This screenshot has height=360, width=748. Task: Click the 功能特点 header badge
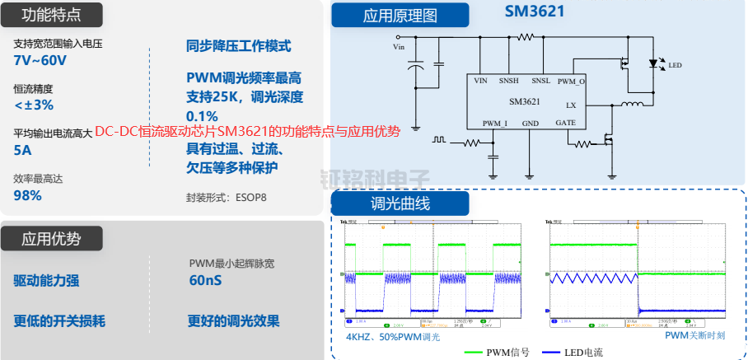tap(51, 15)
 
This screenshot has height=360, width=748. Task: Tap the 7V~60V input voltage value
tap(40, 61)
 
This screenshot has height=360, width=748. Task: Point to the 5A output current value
tap(22, 150)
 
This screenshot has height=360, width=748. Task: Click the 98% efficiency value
tap(27, 195)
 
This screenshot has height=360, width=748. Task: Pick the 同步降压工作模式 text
tap(238, 47)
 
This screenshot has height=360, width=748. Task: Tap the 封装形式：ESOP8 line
tap(227, 198)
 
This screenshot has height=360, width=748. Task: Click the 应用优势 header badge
tap(51, 239)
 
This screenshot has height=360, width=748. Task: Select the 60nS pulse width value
tap(205, 280)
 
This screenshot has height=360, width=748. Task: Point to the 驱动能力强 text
tap(46, 280)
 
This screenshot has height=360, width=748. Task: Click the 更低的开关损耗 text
tap(59, 321)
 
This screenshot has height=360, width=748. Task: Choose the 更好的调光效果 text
tap(233, 321)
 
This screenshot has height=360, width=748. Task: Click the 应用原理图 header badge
tap(400, 15)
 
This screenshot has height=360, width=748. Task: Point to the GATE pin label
tap(566, 123)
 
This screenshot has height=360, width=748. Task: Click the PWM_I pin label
tap(494, 123)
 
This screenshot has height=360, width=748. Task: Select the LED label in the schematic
tap(675, 65)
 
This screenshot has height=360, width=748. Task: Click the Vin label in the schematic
tap(400, 47)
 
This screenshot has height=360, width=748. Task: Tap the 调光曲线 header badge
tap(400, 203)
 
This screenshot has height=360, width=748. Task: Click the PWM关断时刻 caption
tap(697, 336)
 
